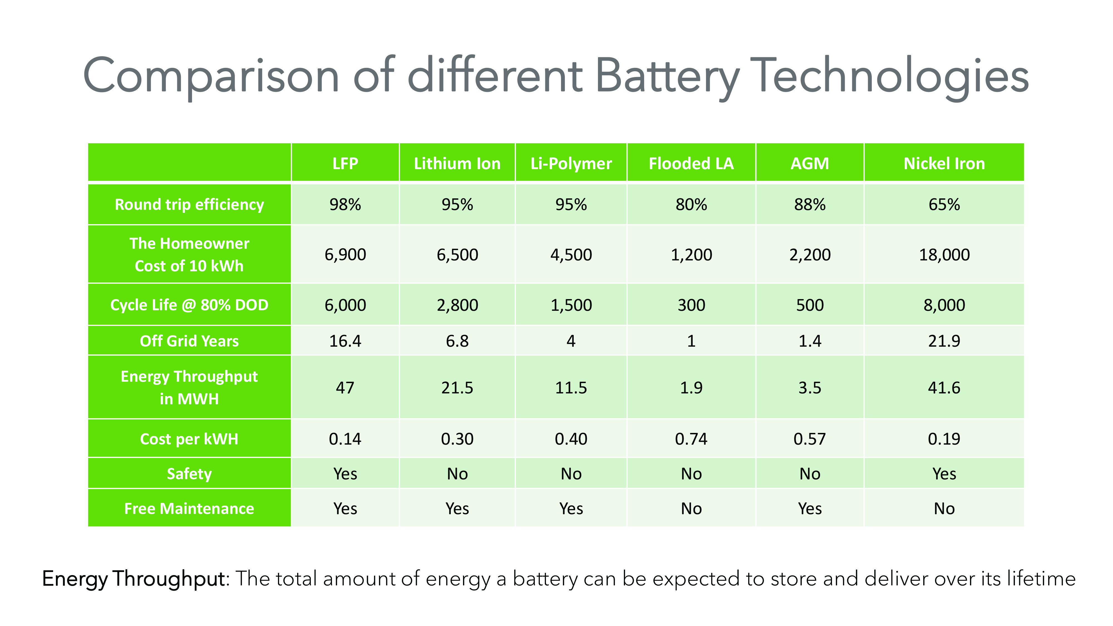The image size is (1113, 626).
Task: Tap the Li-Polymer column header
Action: (571, 163)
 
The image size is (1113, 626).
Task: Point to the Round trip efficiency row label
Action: (189, 204)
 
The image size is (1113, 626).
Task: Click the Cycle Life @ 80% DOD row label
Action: (189, 305)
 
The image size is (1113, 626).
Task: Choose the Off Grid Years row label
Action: (189, 341)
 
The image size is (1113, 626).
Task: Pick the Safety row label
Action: (189, 474)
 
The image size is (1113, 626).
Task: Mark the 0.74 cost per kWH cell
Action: (691, 439)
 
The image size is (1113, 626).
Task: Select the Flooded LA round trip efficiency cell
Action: (691, 204)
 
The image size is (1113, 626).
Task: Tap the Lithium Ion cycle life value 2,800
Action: (457, 305)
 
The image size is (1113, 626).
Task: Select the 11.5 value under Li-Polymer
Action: (571, 388)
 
